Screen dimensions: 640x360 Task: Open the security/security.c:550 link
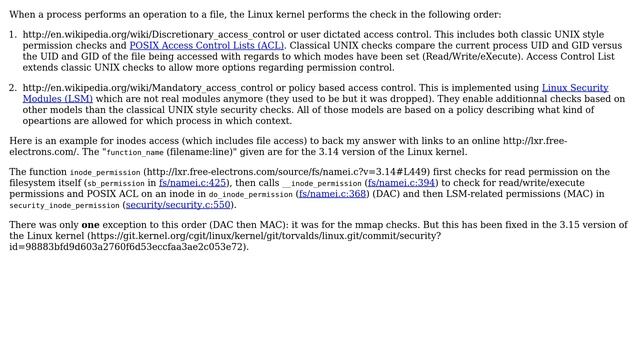coord(179,205)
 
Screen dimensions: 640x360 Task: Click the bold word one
coord(90,225)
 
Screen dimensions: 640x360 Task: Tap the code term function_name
coord(136,153)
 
